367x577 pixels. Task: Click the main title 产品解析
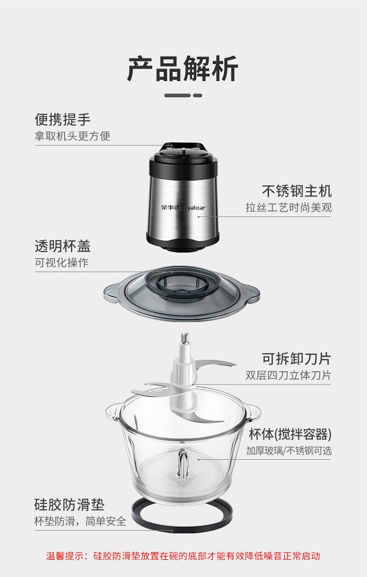pyautogui.click(x=183, y=69)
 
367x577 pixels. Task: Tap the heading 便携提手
pyautogui.click(x=63, y=119)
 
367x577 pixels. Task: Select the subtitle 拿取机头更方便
pyautogui.click(x=72, y=136)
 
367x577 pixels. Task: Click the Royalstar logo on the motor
pyautogui.click(x=183, y=208)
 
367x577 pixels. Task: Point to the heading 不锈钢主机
pyautogui.click(x=297, y=191)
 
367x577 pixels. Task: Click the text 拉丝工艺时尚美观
pyautogui.click(x=289, y=208)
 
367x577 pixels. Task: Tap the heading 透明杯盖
pyautogui.click(x=63, y=246)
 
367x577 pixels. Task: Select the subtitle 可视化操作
pyautogui.click(x=62, y=262)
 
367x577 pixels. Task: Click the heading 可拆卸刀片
pyautogui.click(x=297, y=359)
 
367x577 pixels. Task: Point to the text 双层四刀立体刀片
pyautogui.click(x=289, y=375)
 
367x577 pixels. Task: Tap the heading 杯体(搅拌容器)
pyautogui.click(x=290, y=434)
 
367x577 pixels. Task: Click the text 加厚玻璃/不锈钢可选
pyautogui.click(x=289, y=451)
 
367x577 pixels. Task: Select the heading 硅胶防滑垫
pyautogui.click(x=69, y=505)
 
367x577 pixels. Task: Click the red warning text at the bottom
pyautogui.click(x=183, y=556)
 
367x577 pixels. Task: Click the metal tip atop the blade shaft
pyautogui.click(x=185, y=337)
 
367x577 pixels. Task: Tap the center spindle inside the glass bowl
pyautogui.click(x=183, y=463)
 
